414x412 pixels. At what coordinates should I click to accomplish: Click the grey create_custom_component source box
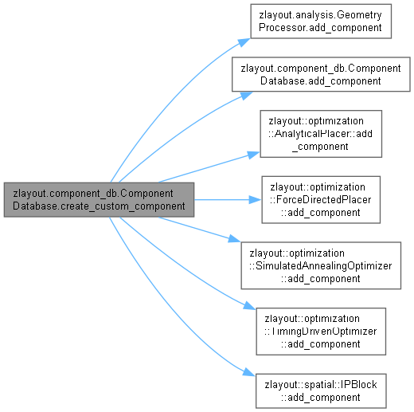point(99,200)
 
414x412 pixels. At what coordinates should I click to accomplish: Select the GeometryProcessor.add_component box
point(321,22)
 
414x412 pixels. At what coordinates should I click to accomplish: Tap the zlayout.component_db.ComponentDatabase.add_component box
point(321,74)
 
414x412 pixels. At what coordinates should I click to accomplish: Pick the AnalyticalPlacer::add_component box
point(321,134)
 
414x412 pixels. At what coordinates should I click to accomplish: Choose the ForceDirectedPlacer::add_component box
point(321,200)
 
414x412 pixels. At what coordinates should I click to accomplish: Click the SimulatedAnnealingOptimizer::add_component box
point(321,265)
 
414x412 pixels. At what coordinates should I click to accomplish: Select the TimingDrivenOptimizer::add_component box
point(321,332)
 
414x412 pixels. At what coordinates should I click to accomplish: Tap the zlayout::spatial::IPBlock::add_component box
point(321,391)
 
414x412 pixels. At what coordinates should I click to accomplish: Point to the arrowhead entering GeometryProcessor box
point(244,42)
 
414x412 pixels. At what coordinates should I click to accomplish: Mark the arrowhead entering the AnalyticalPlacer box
point(254,155)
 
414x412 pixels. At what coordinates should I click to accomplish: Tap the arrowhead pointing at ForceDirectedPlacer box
point(256,200)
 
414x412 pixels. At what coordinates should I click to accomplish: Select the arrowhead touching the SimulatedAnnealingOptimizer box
point(234,238)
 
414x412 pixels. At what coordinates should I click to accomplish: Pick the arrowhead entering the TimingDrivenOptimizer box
point(249,306)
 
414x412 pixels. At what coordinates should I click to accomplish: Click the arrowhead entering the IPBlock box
point(249,372)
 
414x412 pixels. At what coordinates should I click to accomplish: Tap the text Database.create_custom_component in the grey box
point(99,206)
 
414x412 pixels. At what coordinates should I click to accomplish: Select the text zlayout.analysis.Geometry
point(320,15)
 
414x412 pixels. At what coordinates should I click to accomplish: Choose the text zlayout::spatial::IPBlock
point(321,385)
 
